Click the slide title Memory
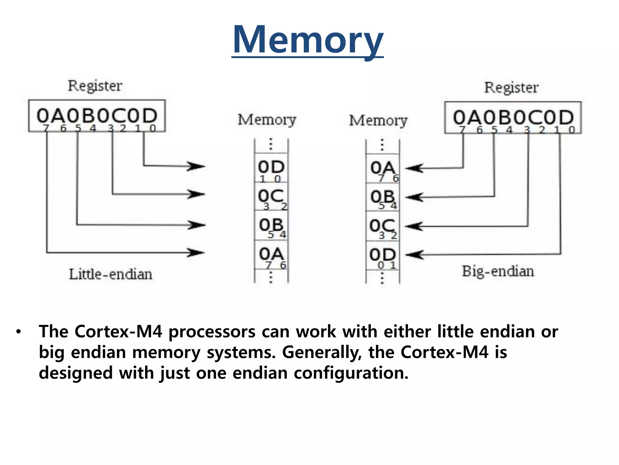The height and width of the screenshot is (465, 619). click(308, 40)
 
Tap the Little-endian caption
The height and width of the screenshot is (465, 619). click(110, 274)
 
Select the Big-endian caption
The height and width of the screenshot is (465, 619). click(498, 271)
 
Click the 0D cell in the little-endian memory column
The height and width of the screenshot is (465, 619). click(271, 168)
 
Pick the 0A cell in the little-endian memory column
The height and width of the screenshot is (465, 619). click(271, 255)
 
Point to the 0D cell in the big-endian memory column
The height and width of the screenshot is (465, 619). click(383, 256)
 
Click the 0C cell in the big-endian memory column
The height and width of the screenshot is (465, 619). click(383, 226)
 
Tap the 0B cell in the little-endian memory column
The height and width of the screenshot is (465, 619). click(271, 226)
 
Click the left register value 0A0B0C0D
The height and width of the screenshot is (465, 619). click(97, 116)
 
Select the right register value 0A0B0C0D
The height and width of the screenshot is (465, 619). click(513, 117)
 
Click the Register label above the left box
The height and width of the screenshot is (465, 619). click(95, 86)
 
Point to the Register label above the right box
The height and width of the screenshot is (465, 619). click(511, 87)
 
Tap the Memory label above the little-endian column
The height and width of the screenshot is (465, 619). click(267, 120)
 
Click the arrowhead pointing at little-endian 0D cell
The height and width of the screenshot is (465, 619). click(196, 166)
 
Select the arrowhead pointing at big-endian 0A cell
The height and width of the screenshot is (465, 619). click(414, 168)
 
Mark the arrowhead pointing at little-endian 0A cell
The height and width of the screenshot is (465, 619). click(196, 252)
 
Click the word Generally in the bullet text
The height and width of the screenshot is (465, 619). click(322, 352)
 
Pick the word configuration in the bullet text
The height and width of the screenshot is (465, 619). click(351, 373)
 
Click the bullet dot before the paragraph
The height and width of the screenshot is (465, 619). click(19, 332)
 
